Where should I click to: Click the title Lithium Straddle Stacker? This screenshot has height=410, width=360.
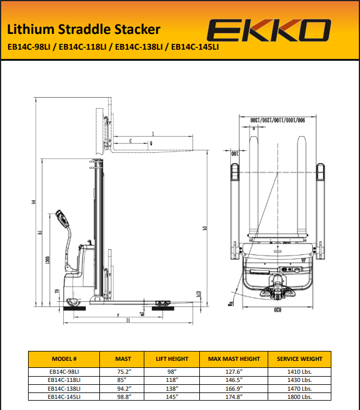[84, 29]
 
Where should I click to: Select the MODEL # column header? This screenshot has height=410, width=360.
[64, 359]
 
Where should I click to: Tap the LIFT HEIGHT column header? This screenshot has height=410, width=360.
[172, 359]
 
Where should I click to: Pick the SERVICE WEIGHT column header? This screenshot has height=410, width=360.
[300, 359]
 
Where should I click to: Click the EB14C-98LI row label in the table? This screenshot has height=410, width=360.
[64, 371]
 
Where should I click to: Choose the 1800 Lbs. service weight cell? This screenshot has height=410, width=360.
[300, 396]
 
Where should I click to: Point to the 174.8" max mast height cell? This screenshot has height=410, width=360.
[233, 396]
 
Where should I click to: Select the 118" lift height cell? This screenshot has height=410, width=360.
[172, 379]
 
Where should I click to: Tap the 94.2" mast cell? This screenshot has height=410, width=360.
[123, 388]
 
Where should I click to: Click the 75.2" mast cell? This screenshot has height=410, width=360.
[123, 371]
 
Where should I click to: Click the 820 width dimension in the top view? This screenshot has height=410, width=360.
[276, 311]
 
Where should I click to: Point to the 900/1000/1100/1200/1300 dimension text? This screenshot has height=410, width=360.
[278, 119]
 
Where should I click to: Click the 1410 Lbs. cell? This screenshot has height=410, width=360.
[300, 371]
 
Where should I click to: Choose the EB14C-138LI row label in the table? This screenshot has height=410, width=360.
[64, 388]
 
